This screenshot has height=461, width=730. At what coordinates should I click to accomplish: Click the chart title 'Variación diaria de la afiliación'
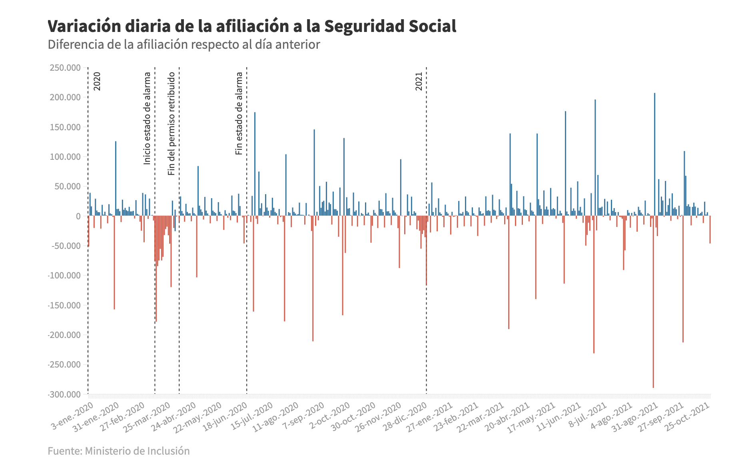pos(251,26)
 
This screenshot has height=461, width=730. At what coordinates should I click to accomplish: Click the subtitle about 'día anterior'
pos(183,44)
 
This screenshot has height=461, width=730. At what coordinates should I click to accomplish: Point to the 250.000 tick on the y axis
pos(65,68)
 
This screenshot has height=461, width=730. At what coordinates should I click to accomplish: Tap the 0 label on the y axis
pos(78,216)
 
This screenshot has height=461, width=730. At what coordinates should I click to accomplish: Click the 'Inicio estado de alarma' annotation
pos(147,118)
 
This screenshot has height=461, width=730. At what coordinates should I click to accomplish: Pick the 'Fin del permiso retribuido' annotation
pos(172,123)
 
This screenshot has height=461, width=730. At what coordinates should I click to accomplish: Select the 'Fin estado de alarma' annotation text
pos(239,113)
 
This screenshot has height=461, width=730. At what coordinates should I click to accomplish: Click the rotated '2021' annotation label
pos(419,81)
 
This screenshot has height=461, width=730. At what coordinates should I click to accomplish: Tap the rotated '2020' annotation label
pos(97,81)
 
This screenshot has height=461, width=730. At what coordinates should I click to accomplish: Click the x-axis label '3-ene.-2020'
pos(73,415)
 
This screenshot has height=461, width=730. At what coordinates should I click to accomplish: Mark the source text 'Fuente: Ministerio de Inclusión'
pos(119,451)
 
